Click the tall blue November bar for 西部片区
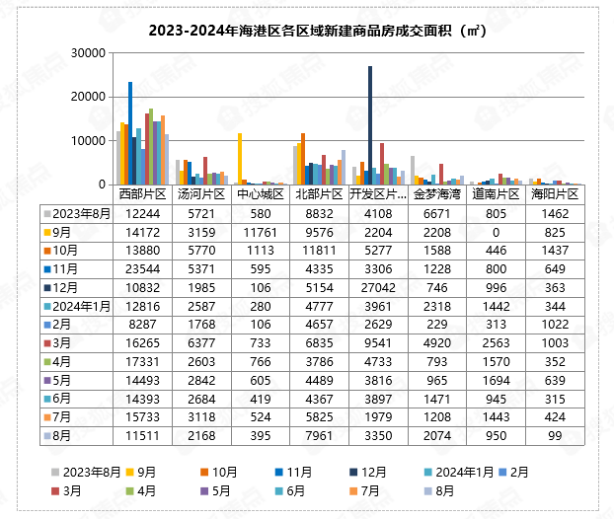tap(130, 132)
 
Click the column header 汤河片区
tap(200, 194)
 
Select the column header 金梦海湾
tap(438, 194)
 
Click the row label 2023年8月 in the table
tap(83, 213)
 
